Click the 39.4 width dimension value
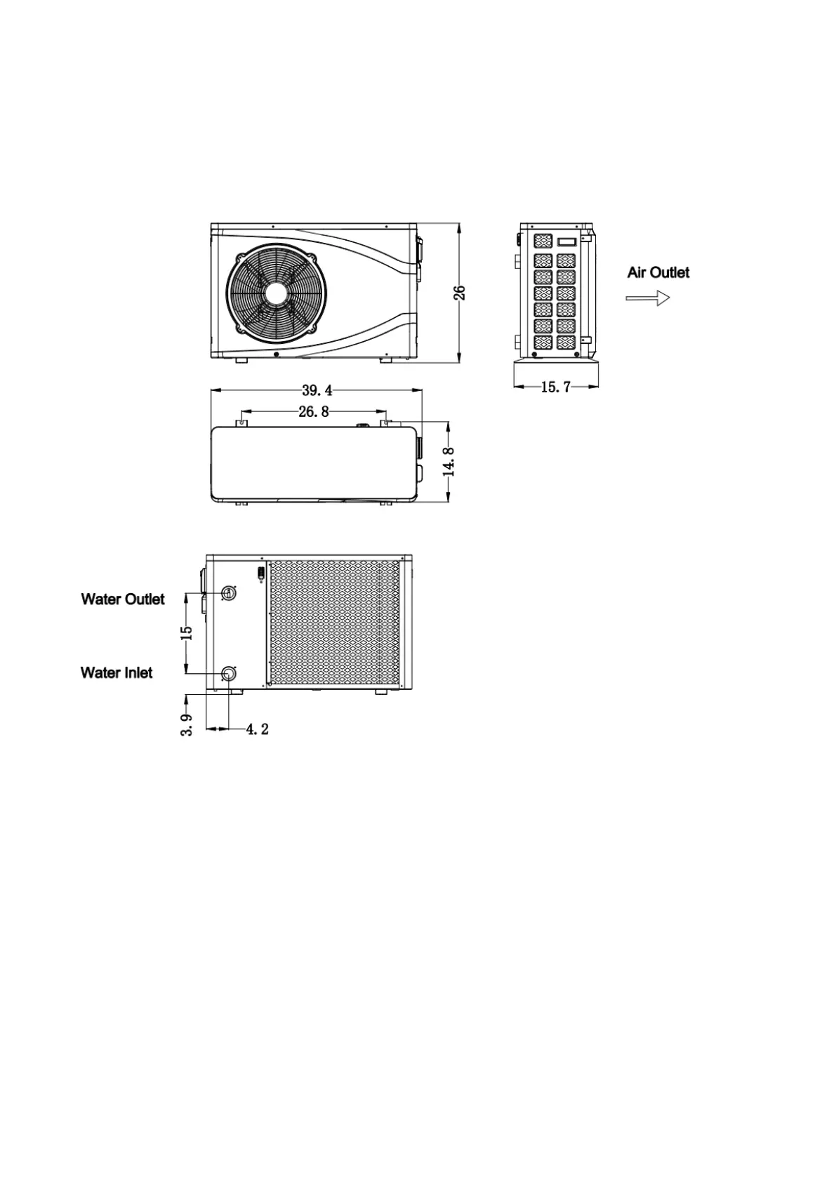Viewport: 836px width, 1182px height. [317, 391]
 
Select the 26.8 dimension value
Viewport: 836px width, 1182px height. [313, 412]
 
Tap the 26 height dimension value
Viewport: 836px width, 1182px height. [460, 293]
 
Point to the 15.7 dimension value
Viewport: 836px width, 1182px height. [556, 387]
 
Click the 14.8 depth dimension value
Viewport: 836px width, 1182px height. [450, 462]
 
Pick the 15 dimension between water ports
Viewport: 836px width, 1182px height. [187, 632]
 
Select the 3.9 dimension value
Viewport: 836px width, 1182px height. [187, 724]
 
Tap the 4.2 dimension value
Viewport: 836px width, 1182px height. [257, 729]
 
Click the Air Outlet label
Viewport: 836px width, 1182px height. [658, 272]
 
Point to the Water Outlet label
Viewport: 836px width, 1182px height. [123, 599]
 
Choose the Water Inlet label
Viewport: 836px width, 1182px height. [117, 672]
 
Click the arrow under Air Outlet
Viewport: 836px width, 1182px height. [647, 298]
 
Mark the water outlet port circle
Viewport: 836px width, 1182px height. [228, 593]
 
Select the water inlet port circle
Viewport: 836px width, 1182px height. [228, 674]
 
